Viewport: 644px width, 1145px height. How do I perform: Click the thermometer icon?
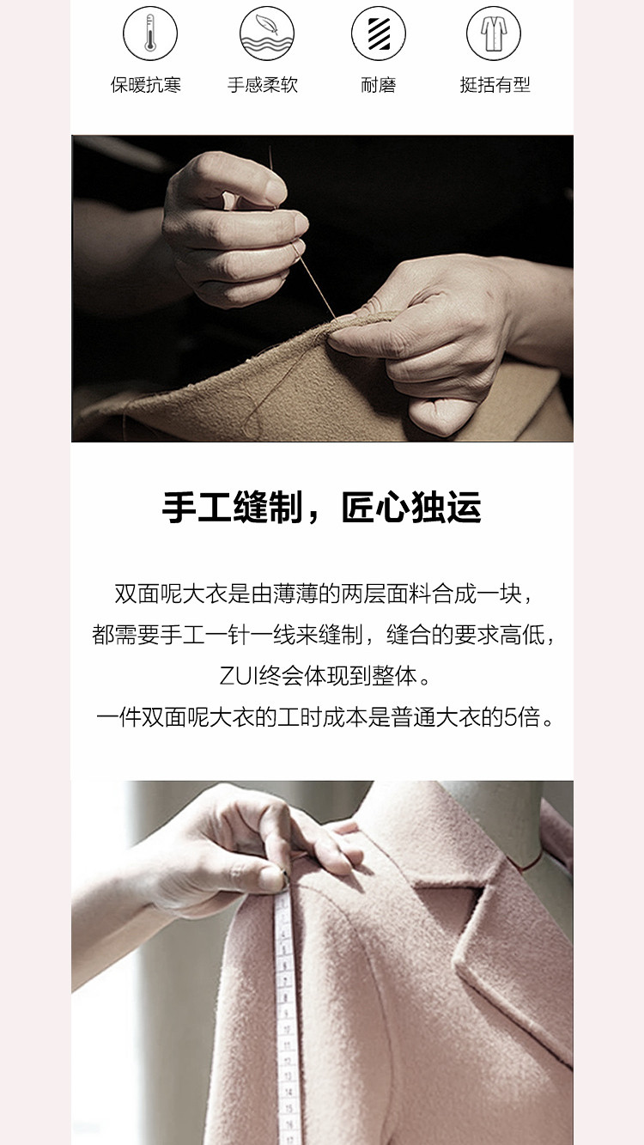click(x=149, y=33)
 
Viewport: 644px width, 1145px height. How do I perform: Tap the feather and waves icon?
click(x=267, y=33)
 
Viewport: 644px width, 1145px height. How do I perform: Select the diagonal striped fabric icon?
click(x=378, y=33)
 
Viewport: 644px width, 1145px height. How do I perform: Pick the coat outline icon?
click(x=494, y=33)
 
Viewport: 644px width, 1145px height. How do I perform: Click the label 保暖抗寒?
click(x=146, y=85)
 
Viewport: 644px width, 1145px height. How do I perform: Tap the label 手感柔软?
click(x=263, y=85)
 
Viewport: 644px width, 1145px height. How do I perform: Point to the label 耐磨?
click(x=379, y=85)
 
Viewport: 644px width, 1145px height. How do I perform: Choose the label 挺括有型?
click(x=495, y=85)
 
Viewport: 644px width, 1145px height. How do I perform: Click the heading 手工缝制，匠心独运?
click(x=322, y=508)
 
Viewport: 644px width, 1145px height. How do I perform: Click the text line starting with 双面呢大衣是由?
click(x=323, y=594)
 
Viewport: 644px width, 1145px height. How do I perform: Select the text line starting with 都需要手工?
click(x=323, y=635)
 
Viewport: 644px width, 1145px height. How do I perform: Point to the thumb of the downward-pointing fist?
click(x=440, y=415)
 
